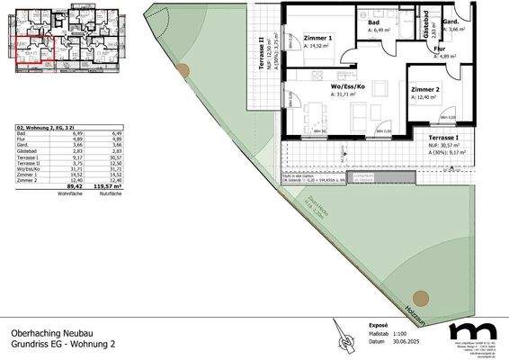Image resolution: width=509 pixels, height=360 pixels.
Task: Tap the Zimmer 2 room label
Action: pyautogui.click(x=425, y=90)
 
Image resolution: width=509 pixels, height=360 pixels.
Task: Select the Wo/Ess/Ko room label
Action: pyautogui.click(x=346, y=87)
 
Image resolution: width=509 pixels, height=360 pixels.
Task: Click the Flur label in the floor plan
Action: pyautogui.click(x=441, y=50)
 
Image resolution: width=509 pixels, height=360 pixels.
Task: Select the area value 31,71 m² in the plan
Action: pyautogui.click(x=345, y=94)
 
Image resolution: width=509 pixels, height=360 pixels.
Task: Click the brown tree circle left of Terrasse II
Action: pyautogui.click(x=183, y=71)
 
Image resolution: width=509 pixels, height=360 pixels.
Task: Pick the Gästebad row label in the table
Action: pyautogui.click(x=30, y=153)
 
